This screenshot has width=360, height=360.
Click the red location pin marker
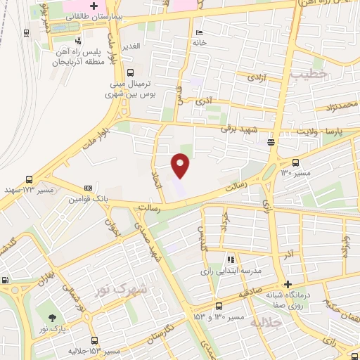181,165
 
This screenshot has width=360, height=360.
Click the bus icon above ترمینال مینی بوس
130,72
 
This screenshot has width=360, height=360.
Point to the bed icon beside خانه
200,33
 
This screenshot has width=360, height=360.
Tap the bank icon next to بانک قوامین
88,188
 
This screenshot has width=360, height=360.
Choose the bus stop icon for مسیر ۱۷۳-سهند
29,179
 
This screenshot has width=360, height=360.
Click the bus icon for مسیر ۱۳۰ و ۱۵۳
219,306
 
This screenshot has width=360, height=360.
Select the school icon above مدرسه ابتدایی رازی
231,259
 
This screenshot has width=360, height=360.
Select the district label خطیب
310,73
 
